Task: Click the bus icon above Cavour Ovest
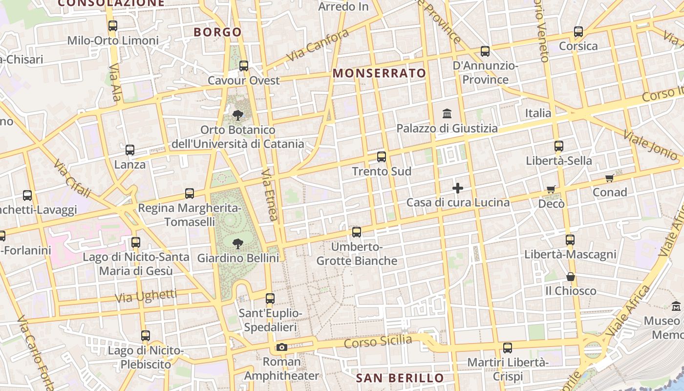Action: (243, 65)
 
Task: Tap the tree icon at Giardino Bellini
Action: (238, 243)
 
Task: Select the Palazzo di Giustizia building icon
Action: (447, 114)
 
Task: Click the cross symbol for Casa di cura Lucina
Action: (458, 188)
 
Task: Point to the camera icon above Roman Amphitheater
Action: (281, 347)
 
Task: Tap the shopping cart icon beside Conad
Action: (609, 178)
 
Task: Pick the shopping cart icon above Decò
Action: (551, 190)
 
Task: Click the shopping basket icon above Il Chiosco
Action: (570, 277)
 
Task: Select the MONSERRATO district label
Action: (379, 73)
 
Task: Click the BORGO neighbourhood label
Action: (217, 32)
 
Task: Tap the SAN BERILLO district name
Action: (400, 378)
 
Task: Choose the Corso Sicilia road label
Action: (378, 341)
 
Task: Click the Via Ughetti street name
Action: (146, 296)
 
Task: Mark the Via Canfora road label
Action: (318, 45)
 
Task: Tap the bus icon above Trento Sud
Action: (381, 157)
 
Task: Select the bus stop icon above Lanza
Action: (130, 150)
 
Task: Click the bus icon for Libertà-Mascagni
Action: (570, 240)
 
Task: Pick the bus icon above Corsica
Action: (578, 32)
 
